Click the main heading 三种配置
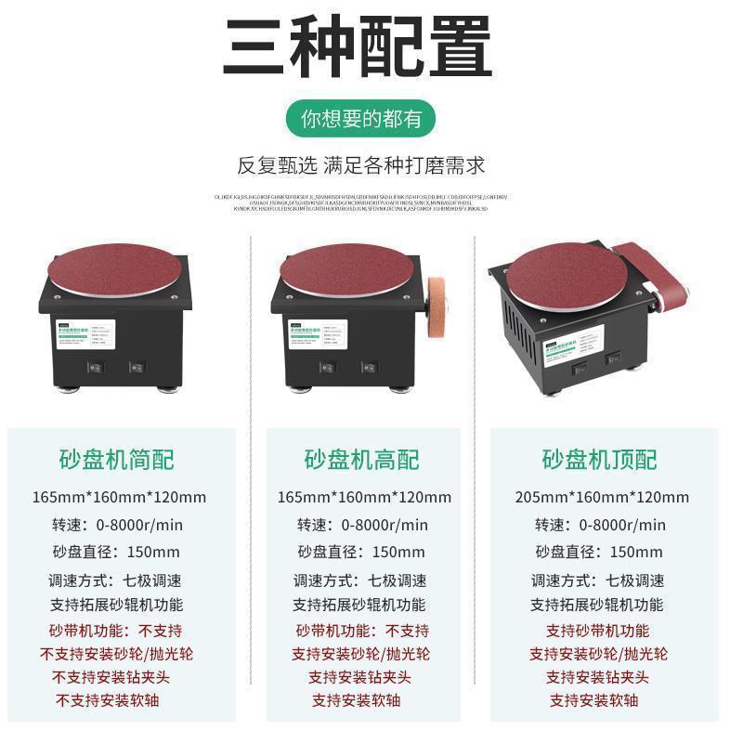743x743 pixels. click(358, 46)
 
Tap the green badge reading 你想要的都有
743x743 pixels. click(361, 119)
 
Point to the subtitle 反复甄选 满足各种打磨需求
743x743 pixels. click(361, 166)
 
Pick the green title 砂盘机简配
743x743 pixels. click(124, 459)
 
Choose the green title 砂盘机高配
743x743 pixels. click(362, 459)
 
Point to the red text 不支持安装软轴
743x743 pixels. click(124, 700)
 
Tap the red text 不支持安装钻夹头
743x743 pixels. click(124, 677)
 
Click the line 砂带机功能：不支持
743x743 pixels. click(362, 631)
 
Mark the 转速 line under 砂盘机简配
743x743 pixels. click(124, 525)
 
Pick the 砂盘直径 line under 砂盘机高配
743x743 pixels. click(362, 552)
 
